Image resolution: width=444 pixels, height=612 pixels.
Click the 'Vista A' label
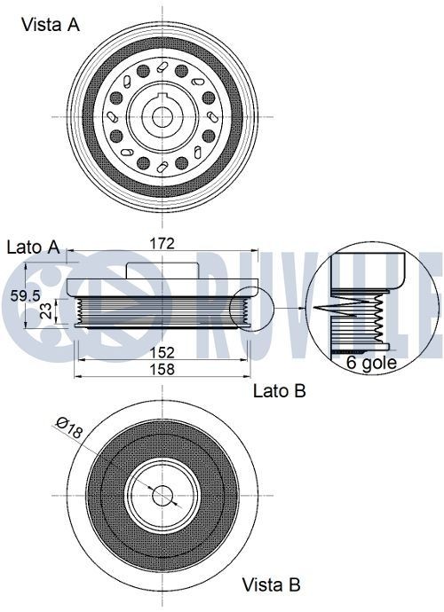pyautogui.click(x=51, y=25)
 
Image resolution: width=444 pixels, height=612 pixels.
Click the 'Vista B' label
pyautogui.click(x=271, y=585)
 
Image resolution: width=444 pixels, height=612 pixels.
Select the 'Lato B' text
pyautogui.click(x=280, y=390)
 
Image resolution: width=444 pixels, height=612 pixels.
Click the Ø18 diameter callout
pyautogui.click(x=68, y=429)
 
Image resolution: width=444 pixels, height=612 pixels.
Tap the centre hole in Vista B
pyautogui.click(x=162, y=495)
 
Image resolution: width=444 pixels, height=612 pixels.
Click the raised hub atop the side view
pyautogui.click(x=161, y=270)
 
